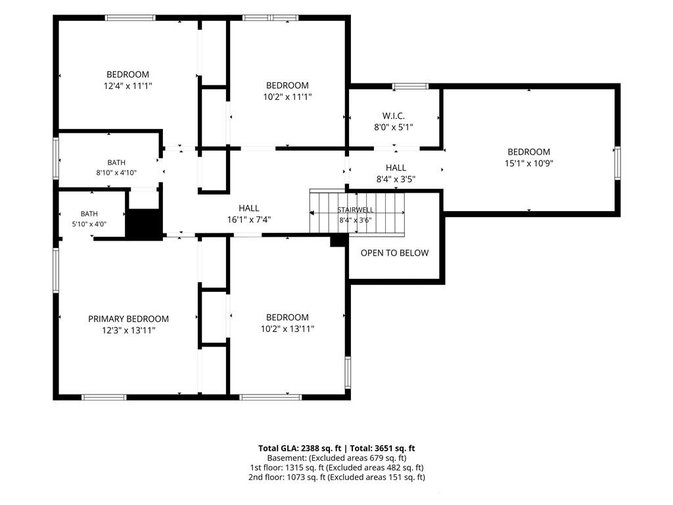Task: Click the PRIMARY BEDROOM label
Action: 128,319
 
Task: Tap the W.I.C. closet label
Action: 394,116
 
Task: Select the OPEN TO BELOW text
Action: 394,253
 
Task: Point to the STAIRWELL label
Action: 356,210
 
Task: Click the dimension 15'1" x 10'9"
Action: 529,163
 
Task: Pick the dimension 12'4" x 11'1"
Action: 128,86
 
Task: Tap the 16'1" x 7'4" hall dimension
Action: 249,220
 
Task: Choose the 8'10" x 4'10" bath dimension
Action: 116,173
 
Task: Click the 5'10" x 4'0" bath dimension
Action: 89,224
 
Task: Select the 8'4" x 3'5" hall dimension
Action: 396,179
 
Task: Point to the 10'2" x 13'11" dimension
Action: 288,329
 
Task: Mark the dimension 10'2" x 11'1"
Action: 288,97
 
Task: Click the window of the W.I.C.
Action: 411,86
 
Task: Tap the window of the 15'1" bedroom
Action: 617,163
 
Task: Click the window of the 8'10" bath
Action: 56,158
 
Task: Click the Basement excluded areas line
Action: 336,458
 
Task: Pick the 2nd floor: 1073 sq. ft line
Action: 336,477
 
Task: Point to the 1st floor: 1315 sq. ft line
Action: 336,468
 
